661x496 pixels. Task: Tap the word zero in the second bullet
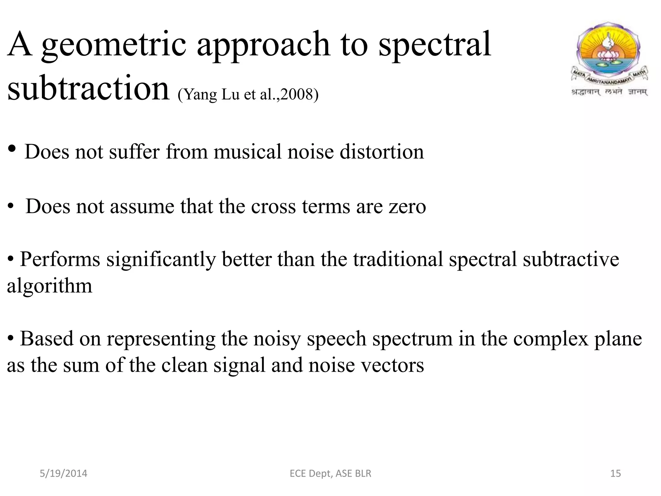407,206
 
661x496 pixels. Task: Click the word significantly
161,259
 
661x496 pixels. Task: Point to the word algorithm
50,286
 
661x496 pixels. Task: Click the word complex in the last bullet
551,339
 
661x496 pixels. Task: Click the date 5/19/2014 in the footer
63,473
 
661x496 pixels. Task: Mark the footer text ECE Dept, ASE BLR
330,473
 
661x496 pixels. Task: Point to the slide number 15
615,473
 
